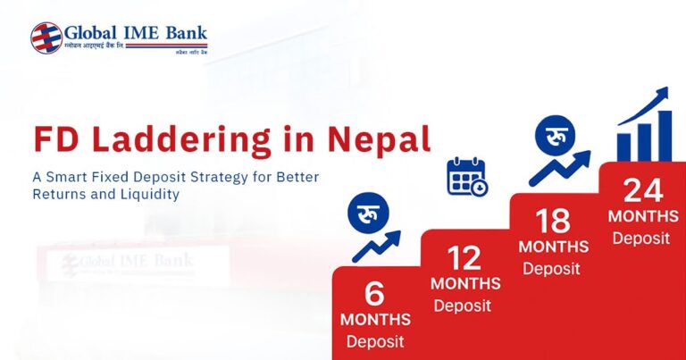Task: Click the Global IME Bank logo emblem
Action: pos(46,38)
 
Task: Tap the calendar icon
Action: pos(466,177)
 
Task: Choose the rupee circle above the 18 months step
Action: pos(555,140)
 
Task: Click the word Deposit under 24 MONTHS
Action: pos(640,238)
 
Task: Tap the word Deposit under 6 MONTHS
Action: pos(375,340)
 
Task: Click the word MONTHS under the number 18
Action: pos(553,247)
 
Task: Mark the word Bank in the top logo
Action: pos(186,33)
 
